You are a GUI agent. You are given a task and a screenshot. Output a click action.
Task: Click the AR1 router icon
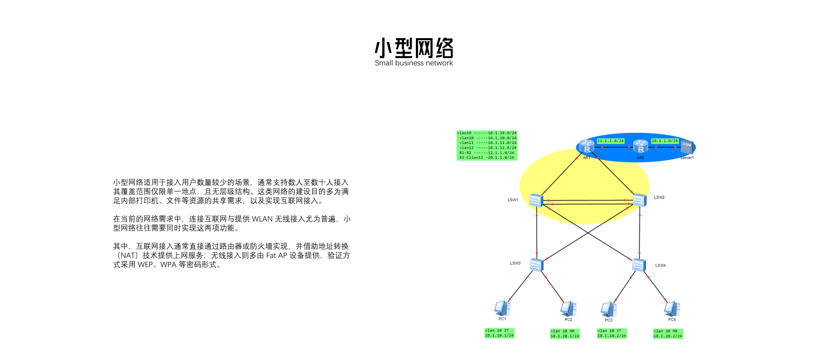pyautogui.click(x=586, y=146)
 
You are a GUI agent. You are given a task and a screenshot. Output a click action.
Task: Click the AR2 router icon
pyautogui.click(x=640, y=146)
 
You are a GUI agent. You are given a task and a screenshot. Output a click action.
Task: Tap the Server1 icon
pyautogui.click(x=686, y=147)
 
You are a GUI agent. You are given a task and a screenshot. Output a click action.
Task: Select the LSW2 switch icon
pyautogui.click(x=639, y=200)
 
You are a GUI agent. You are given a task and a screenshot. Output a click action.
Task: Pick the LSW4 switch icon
pyautogui.click(x=639, y=265)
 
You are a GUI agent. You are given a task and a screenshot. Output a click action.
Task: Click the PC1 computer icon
pyautogui.click(x=502, y=308)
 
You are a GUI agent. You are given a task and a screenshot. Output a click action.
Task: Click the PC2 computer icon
pyautogui.click(x=568, y=309)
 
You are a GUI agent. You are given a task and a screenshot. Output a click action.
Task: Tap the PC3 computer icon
pyautogui.click(x=608, y=310)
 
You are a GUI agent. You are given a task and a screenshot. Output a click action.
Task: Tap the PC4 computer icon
pyautogui.click(x=672, y=309)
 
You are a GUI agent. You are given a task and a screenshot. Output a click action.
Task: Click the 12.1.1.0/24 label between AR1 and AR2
pyautogui.click(x=610, y=141)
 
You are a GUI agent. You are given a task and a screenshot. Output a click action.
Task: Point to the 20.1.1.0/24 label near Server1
pyautogui.click(x=664, y=141)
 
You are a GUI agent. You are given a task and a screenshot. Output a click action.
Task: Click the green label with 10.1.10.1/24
pyautogui.click(x=499, y=333)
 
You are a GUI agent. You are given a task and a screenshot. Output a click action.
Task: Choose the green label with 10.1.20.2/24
pyautogui.click(x=668, y=334)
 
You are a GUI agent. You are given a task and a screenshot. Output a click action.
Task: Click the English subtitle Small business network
pyautogui.click(x=414, y=63)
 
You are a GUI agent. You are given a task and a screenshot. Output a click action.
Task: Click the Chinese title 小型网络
pyautogui.click(x=414, y=48)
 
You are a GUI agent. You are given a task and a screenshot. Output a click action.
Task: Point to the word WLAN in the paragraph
pyautogui.click(x=262, y=219)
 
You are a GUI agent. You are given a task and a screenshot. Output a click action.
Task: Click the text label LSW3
pyautogui.click(x=515, y=263)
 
